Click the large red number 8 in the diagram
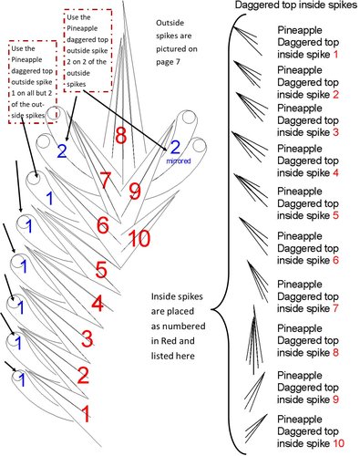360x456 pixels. tap(121, 135)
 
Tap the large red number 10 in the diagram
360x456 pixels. tap(139, 238)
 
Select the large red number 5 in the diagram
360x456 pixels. tap(101, 270)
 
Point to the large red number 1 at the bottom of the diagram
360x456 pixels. tap(87, 414)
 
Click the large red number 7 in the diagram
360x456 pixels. tap(105, 180)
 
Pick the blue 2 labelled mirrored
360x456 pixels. tap(175, 148)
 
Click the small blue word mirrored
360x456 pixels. tap(179, 161)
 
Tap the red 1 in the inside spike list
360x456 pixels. tap(335, 55)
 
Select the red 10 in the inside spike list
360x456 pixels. tap(339, 443)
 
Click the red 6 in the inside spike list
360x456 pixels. tap(335, 261)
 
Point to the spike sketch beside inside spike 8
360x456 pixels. tap(253, 340)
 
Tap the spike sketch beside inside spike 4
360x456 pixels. tap(250, 147)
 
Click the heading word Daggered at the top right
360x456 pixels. tap(256, 5)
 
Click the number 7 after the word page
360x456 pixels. tap(178, 62)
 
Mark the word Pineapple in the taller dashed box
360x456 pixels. tap(82, 28)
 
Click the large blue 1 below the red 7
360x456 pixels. tap(50, 199)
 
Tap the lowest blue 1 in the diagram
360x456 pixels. tap(22, 379)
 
